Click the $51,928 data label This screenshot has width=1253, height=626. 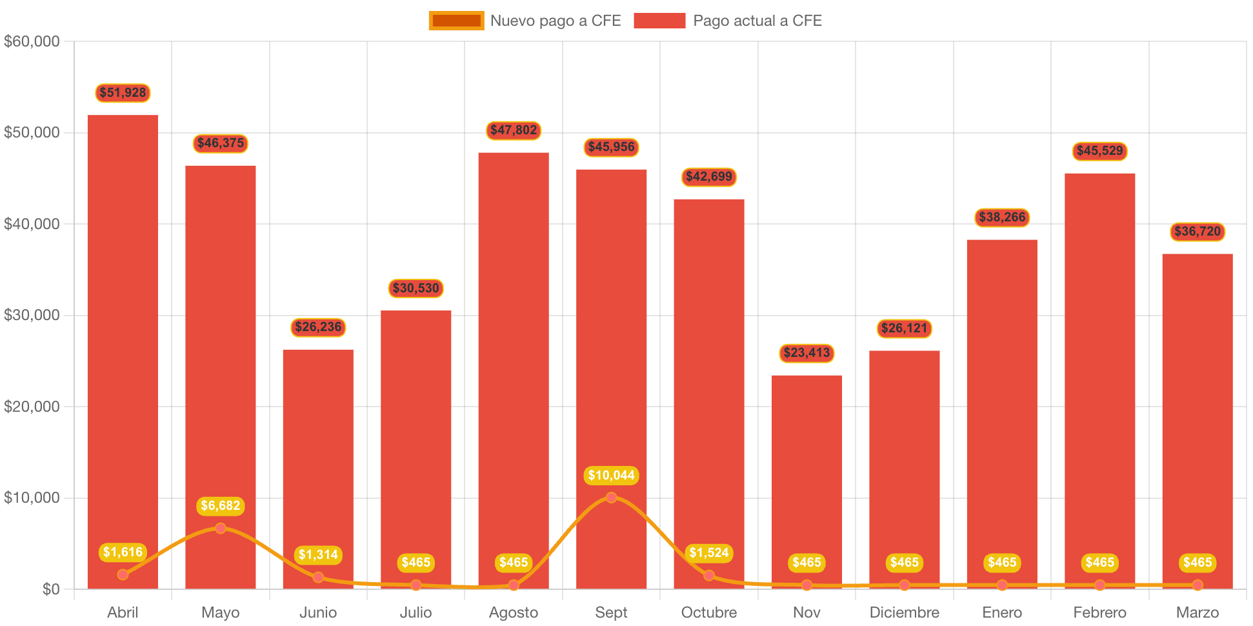tap(123, 93)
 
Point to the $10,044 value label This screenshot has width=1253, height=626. tap(611, 476)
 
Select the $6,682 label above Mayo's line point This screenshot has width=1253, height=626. tap(221, 506)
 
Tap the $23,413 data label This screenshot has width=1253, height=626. tap(807, 353)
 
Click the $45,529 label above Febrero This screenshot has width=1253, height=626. tap(1099, 151)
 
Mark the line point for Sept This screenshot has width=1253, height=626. tap(611, 498)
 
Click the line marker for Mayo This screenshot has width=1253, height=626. tap(221, 529)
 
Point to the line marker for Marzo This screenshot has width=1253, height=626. tap(1198, 585)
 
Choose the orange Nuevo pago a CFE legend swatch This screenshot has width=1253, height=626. tap(456, 21)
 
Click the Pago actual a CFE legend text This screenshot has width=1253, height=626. tap(757, 21)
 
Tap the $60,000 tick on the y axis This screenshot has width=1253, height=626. tap(32, 41)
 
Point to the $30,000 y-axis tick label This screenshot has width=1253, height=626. tap(32, 315)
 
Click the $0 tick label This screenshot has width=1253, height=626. tap(50, 589)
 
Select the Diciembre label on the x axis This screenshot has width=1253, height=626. tap(904, 612)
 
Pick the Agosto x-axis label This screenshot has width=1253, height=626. tap(514, 612)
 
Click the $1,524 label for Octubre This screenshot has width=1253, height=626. tap(708, 553)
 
